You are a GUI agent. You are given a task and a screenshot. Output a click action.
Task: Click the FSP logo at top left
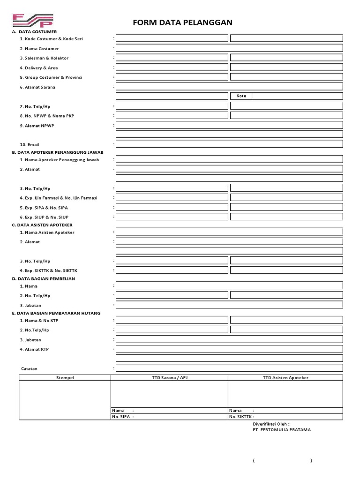(x=33, y=20)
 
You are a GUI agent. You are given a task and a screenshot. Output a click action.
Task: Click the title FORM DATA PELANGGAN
(x=183, y=22)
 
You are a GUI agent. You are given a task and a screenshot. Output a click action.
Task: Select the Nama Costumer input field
(x=229, y=48)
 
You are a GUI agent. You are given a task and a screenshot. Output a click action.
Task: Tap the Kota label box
(x=241, y=96)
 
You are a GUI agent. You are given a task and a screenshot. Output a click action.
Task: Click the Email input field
(x=229, y=144)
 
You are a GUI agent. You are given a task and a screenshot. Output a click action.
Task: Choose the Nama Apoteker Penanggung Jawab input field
(x=229, y=159)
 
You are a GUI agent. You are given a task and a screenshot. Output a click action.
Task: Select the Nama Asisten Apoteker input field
(x=229, y=232)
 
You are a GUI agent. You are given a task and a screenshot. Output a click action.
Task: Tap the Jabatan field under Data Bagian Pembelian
(x=229, y=305)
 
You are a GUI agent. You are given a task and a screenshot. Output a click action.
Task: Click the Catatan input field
(x=229, y=368)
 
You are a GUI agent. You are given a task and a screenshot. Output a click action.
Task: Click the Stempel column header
(x=65, y=377)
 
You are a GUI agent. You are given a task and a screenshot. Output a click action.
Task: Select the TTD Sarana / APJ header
(x=169, y=377)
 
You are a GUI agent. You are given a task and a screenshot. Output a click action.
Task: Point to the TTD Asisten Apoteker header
(x=285, y=377)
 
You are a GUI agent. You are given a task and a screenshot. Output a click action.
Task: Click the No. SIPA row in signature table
(x=169, y=416)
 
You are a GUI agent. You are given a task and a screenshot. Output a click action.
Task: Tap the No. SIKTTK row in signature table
(x=285, y=416)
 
